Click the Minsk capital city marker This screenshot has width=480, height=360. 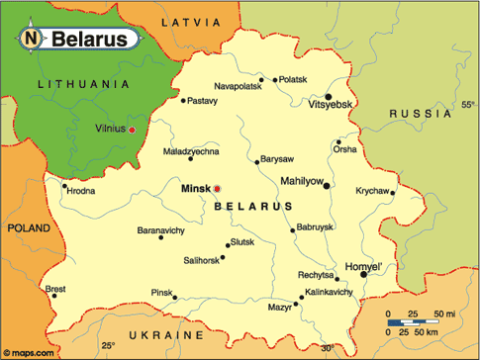coord(218,188)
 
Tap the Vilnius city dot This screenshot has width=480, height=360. coord(132,130)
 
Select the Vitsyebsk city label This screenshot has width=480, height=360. coord(330,104)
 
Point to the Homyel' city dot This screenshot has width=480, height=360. coord(363,275)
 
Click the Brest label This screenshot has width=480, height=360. coord(55,289)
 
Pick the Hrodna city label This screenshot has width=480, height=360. coord(81,191)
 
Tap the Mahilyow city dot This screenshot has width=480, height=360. coord(327,185)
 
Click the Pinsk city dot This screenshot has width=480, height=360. coord(174,297)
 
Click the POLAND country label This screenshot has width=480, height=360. coord(27,226)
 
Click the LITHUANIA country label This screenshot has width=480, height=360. coord(84,85)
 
